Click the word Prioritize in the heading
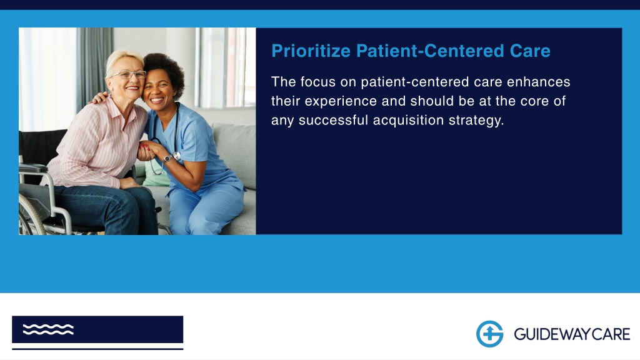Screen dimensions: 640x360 311,51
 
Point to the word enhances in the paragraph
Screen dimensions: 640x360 538,82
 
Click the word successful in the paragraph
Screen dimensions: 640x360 334,121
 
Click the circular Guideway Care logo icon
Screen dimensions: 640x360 489,334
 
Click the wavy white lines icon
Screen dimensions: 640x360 48,329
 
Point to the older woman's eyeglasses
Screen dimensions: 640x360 128,75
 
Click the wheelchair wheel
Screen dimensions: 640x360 30,215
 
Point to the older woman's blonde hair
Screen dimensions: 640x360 122,61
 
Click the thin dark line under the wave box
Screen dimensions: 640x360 97,349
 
